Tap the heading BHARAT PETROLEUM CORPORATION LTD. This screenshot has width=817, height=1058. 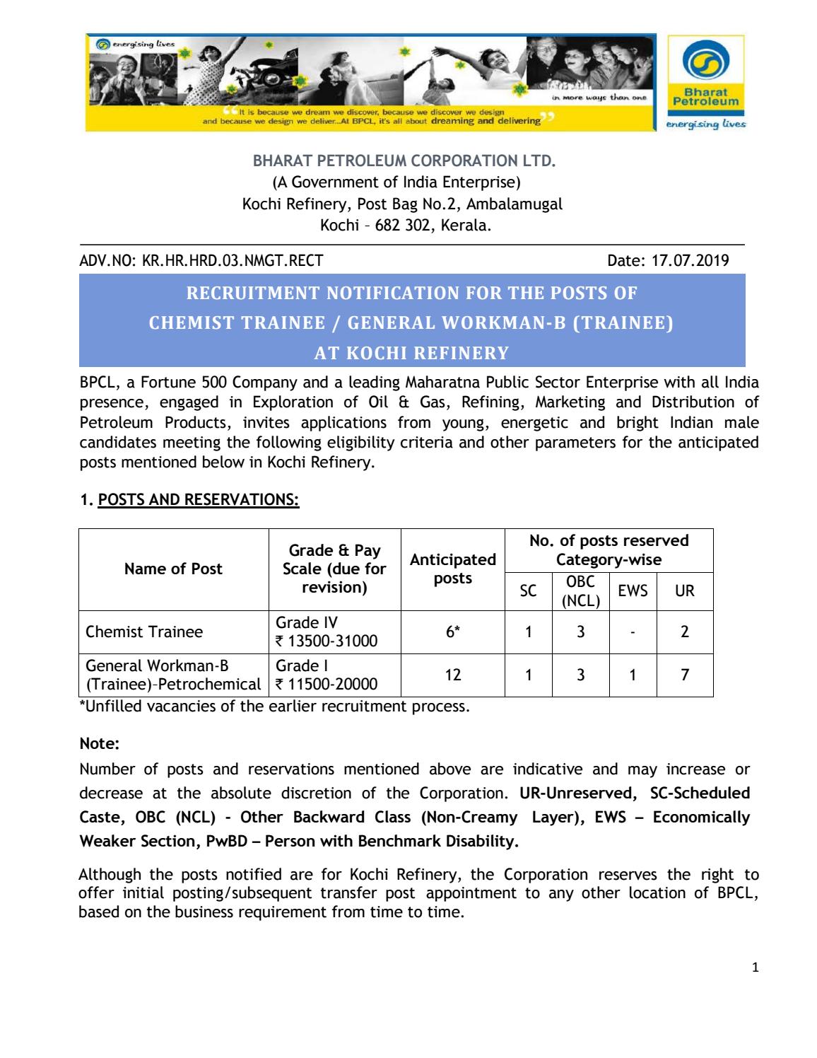point(404,161)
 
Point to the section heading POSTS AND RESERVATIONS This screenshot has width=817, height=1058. point(198,500)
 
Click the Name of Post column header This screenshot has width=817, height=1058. point(173,569)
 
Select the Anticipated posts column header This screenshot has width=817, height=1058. point(452,569)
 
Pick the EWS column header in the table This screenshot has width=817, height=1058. point(632,591)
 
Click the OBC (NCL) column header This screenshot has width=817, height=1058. point(580,591)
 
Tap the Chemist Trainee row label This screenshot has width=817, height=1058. point(144,632)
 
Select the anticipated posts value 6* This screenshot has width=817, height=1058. point(452,632)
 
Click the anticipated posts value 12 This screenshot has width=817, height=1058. point(452,675)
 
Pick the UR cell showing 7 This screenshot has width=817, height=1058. point(684,675)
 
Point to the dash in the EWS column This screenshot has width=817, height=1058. point(632,632)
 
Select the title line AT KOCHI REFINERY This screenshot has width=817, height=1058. point(411,353)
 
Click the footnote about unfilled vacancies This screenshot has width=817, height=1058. point(274,707)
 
